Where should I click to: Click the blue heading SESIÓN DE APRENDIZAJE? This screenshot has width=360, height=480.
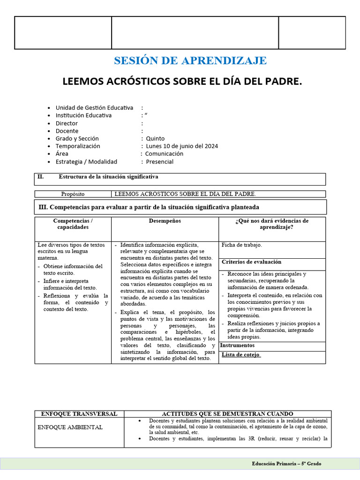point(190,60)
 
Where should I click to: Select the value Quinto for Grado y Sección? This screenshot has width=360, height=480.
point(155,138)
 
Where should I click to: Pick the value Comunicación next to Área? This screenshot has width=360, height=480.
point(164,154)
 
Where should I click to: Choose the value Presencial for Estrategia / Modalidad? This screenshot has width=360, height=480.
point(159,162)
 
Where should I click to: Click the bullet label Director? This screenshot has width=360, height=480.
point(67,123)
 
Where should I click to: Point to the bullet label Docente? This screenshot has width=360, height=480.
point(67,131)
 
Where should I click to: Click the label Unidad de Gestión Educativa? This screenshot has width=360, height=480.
point(94,108)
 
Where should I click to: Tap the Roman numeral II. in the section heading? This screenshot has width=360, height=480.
point(41,177)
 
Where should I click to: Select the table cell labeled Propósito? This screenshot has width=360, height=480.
point(73,194)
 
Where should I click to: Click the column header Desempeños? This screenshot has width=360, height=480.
point(165,221)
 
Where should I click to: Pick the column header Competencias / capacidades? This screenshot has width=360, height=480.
point(73,224)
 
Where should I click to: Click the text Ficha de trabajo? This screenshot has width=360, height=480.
point(241,245)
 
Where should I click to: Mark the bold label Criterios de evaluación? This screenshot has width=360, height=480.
point(251,262)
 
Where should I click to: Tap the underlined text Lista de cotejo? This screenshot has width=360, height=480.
point(240,354)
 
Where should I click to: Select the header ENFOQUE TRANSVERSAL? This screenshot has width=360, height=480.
point(79,414)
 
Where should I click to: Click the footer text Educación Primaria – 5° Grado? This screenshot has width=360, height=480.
point(286,464)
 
